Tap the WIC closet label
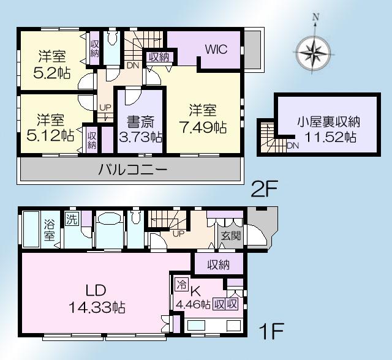pyautogui.click(x=216, y=50)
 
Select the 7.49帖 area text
pyautogui.click(x=203, y=127)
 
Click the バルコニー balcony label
pyautogui.click(x=132, y=170)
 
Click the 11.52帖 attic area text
pyautogui.click(x=325, y=137)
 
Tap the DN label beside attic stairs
pyautogui.click(x=293, y=146)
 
